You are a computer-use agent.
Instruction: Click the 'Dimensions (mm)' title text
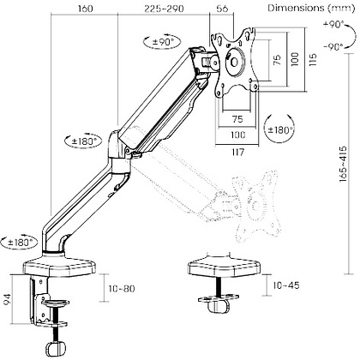311,9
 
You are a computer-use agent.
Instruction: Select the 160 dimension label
85,9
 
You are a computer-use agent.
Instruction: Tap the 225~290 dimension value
164,9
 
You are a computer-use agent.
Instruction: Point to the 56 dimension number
222,9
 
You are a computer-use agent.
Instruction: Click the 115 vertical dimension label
313,60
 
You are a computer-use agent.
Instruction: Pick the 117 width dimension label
237,152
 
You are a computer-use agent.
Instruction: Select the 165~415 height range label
343,164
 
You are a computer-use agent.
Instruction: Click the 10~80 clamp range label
122,289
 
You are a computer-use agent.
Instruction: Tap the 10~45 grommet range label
286,285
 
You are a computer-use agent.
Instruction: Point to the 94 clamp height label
8,299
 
